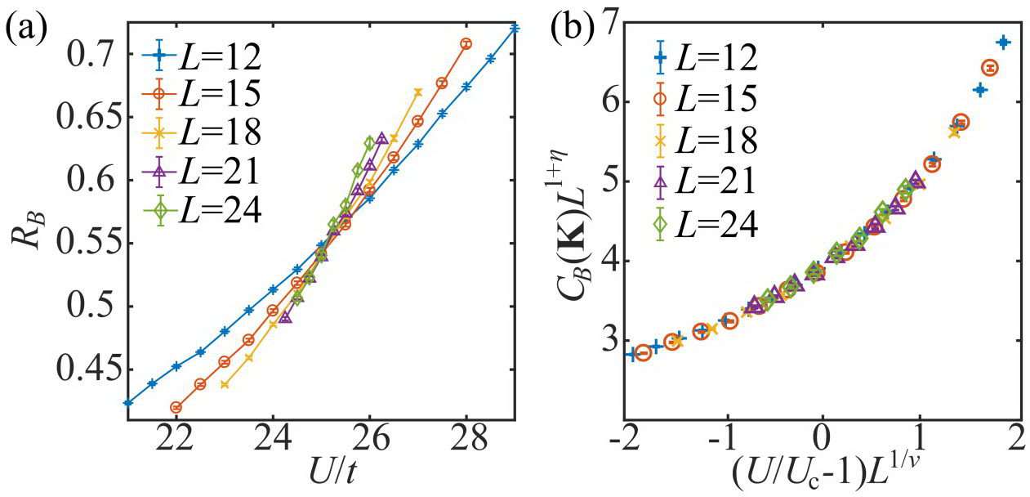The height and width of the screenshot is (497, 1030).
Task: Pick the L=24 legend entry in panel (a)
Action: (x=207, y=210)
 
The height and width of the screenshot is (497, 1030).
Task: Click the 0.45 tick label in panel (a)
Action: (x=86, y=369)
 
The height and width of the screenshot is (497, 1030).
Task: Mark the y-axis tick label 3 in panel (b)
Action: (x=605, y=341)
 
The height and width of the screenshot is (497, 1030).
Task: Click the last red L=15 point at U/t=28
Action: (x=466, y=43)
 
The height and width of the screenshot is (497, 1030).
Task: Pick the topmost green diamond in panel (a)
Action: (x=369, y=143)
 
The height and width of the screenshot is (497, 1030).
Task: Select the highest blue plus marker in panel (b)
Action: (x=1003, y=42)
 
